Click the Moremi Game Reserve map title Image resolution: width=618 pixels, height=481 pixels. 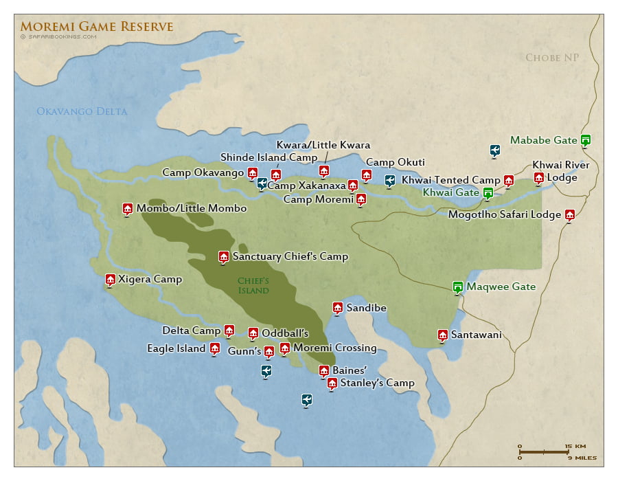(x=97, y=27)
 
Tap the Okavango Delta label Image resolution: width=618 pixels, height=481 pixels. (x=82, y=111)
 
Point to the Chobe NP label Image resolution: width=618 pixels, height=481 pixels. (x=553, y=58)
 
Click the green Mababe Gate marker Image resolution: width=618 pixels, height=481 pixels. (x=585, y=139)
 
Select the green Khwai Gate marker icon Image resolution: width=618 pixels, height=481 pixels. (x=488, y=192)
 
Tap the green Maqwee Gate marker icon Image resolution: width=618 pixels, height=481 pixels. (x=457, y=287)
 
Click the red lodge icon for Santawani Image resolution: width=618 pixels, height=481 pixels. (x=442, y=335)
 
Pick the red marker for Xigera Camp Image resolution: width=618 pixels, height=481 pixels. (x=110, y=279)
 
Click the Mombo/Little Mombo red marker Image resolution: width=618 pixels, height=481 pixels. (x=127, y=208)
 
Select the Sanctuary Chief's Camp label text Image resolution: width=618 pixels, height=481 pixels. (x=290, y=257)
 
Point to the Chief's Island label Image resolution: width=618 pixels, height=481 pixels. (x=253, y=285)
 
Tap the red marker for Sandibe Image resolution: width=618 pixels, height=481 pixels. (x=337, y=307)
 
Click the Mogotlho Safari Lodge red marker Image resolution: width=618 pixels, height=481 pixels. (x=569, y=214)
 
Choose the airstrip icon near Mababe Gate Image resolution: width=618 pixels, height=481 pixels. (x=494, y=150)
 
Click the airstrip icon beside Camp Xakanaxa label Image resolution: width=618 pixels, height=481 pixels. (x=262, y=183)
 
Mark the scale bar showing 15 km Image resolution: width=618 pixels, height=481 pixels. (x=546, y=451)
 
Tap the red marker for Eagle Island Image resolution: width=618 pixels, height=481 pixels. (x=214, y=348)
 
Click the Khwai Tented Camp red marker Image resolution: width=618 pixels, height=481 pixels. (x=508, y=180)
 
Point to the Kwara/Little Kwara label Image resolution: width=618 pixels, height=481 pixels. (x=323, y=145)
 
